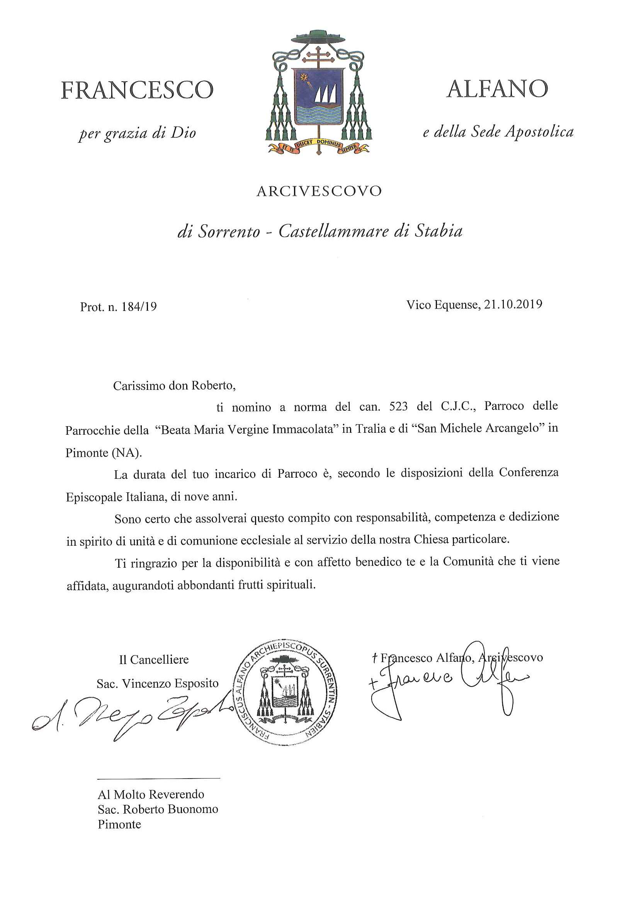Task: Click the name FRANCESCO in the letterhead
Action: pyautogui.click(x=137, y=90)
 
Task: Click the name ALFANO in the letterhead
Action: pyautogui.click(x=497, y=89)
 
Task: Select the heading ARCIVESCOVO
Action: pyautogui.click(x=319, y=191)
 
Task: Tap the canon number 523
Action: pyautogui.click(x=398, y=406)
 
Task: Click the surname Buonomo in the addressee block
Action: pyautogui.click(x=192, y=809)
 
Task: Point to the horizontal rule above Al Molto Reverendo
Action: pyautogui.click(x=158, y=779)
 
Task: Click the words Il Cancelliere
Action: pyautogui.click(x=154, y=659)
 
